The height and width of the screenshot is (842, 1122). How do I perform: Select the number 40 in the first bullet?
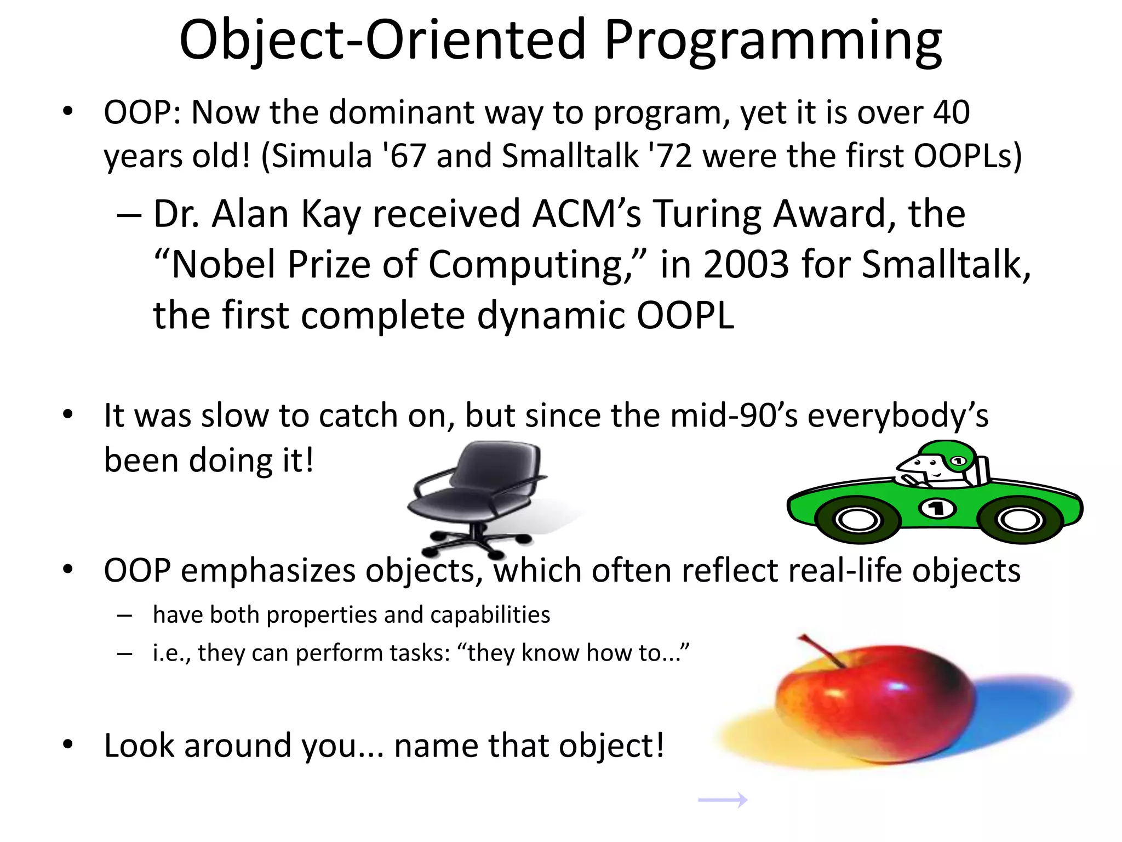[951, 112]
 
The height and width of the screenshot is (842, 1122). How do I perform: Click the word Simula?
[322, 156]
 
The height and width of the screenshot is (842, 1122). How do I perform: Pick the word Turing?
[707, 214]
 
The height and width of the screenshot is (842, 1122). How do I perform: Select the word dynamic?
[551, 316]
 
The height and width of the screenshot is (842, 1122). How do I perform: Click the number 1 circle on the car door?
[937, 509]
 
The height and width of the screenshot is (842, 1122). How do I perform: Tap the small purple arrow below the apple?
[723, 800]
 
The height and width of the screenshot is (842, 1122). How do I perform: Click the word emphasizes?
[268, 571]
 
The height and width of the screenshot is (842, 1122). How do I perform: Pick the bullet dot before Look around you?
[67, 744]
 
